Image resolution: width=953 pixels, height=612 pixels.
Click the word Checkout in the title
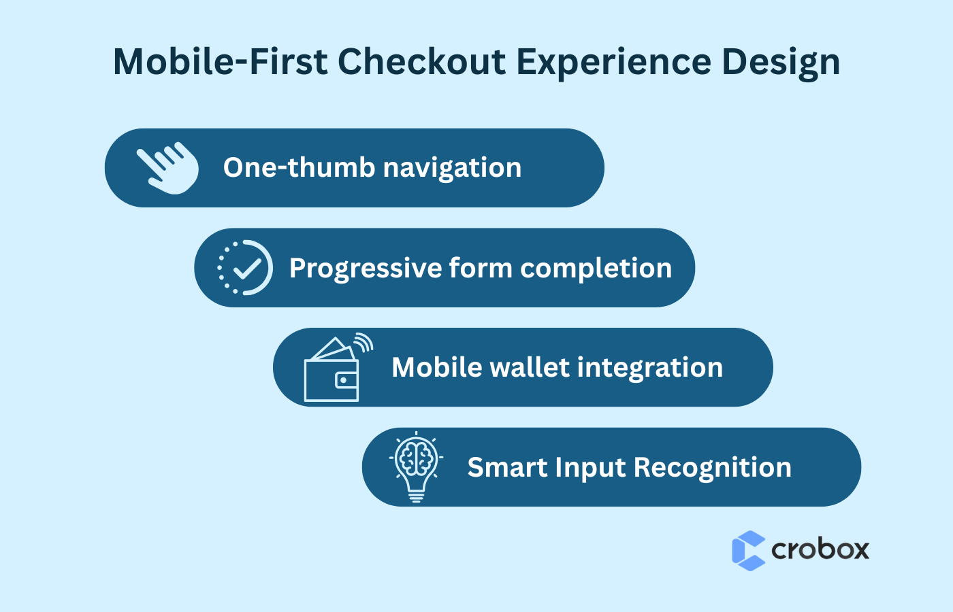[422, 62]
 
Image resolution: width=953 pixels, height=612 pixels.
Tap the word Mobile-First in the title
[221, 62]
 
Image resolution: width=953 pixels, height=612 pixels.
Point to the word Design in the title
[781, 63]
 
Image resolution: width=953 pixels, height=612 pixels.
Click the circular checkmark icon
[245, 267]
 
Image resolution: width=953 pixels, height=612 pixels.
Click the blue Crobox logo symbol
[749, 550]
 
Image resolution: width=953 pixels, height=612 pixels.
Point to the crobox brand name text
[820, 549]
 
